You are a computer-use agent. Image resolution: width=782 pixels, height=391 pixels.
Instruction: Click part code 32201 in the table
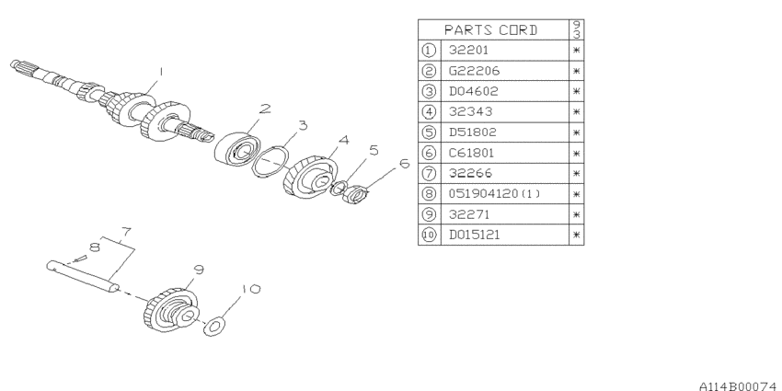pos(468,50)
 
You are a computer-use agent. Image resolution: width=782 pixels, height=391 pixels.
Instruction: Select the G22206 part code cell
pos(474,71)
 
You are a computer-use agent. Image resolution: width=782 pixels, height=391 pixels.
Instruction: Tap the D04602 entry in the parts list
pos(473,91)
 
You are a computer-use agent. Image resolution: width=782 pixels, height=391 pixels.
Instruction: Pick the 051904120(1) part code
pos(494,193)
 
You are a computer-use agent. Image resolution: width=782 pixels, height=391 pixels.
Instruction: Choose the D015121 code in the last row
pos(474,235)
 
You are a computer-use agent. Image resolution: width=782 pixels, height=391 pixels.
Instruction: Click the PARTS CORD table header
pos(490,30)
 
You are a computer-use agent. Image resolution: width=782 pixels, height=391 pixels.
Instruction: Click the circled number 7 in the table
pos(429,173)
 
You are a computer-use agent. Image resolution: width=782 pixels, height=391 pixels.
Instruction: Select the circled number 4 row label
pos(429,111)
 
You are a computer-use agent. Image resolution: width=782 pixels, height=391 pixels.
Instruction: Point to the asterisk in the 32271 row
pos(577,214)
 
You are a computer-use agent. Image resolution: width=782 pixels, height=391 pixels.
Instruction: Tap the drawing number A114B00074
pos(740,386)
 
